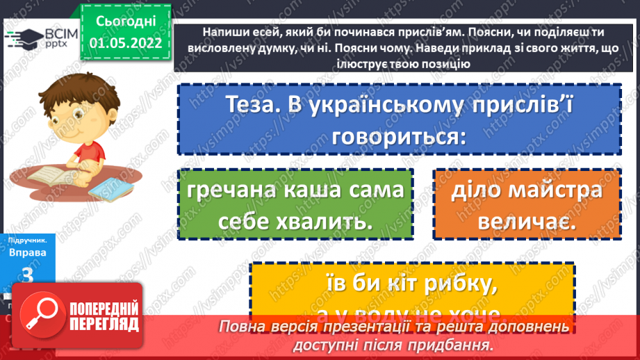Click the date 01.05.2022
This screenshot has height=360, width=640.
pos(125,42)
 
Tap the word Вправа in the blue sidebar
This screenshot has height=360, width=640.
pos(28,253)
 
